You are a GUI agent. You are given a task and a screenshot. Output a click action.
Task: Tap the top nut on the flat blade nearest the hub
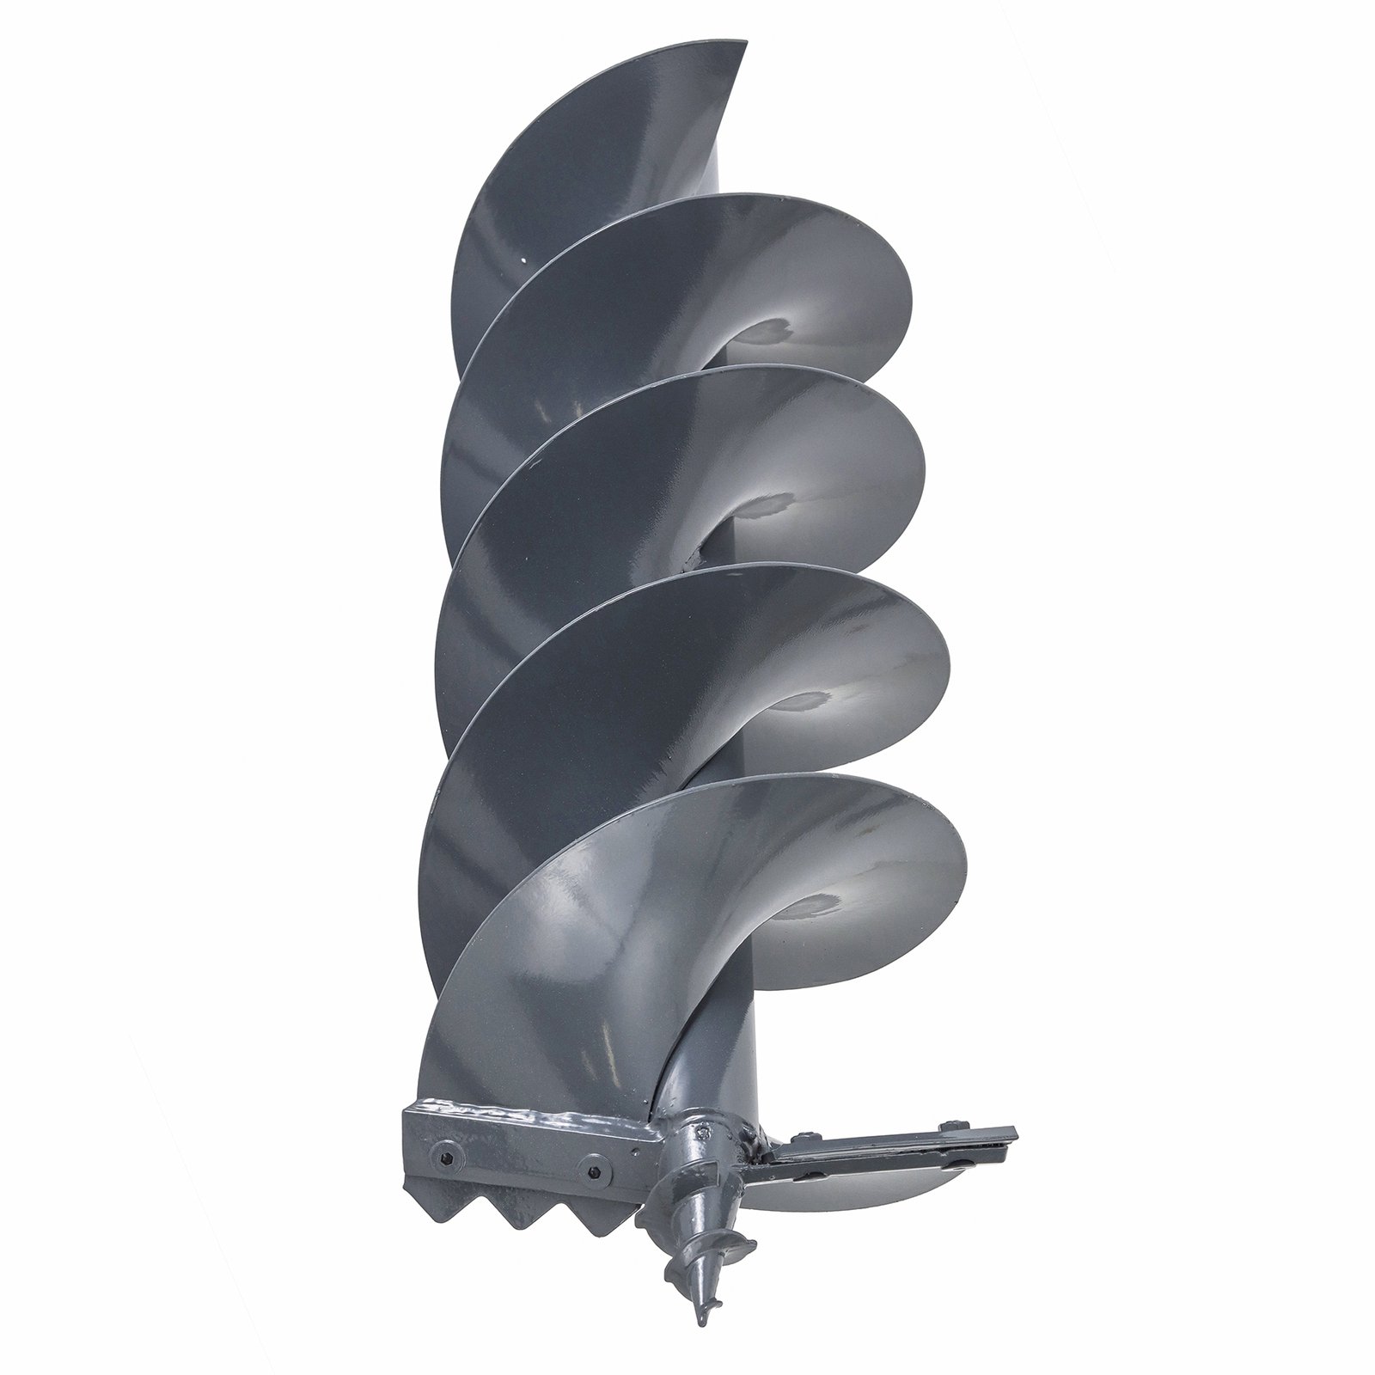[x=805, y=1135]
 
